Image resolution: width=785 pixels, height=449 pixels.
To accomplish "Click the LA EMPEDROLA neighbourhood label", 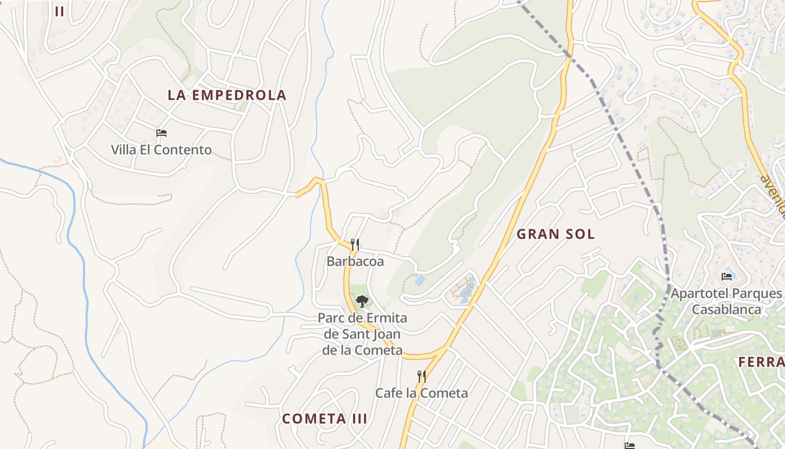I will [227, 95].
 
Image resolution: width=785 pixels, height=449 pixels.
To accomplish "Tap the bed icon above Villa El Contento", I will [161, 133].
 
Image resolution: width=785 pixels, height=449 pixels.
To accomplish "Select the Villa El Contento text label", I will [161, 150].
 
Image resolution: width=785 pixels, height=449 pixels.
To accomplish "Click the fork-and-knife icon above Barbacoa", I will [354, 244].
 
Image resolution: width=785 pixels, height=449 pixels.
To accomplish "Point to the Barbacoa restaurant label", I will [355, 262].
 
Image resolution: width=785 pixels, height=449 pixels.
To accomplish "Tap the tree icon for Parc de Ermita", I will [362, 301].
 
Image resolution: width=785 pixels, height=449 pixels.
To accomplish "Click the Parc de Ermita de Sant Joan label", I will [362, 335].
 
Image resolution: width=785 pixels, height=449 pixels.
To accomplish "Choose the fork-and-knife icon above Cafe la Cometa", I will [421, 376].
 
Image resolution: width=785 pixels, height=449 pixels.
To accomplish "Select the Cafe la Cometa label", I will [421, 393].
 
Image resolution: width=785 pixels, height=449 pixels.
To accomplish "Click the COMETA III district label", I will [325, 419].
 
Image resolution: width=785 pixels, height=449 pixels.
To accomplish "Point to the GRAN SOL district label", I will [555, 234].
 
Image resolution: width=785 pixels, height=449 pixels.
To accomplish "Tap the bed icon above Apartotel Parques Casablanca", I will [727, 276].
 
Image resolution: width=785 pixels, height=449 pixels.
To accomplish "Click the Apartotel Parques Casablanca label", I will [726, 301].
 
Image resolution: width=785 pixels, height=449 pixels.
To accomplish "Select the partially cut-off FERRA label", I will [761, 362].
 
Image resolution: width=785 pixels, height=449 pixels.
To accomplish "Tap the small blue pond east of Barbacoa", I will [419, 280].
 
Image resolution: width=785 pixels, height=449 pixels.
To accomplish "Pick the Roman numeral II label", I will [59, 11].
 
